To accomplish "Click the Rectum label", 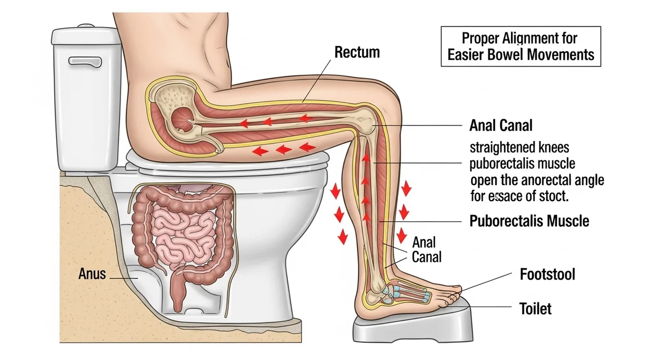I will click(357, 52).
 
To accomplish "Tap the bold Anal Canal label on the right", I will click(501, 125).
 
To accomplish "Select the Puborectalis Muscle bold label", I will click(529, 221).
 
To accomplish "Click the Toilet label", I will click(535, 308).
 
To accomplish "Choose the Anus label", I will click(92, 273).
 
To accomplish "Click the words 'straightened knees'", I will click(519, 148).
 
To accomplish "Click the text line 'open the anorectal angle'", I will click(537, 181).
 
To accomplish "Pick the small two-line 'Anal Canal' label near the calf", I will click(425, 249).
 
